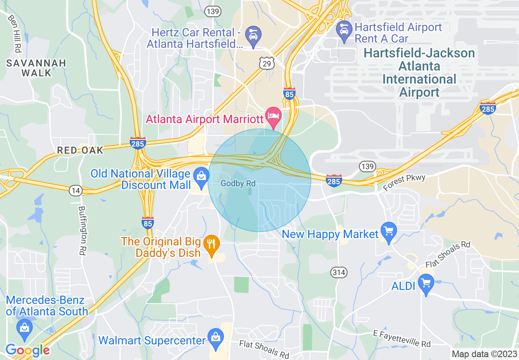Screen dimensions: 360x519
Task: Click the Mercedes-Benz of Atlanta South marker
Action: click(25, 327)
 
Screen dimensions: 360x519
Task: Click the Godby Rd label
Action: click(238, 184)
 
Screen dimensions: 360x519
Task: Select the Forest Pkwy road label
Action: click(404, 182)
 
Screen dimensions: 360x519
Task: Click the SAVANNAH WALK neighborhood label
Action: click(36, 68)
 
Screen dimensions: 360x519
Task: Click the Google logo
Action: click(27, 350)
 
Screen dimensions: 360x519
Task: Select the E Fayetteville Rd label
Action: click(402, 339)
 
